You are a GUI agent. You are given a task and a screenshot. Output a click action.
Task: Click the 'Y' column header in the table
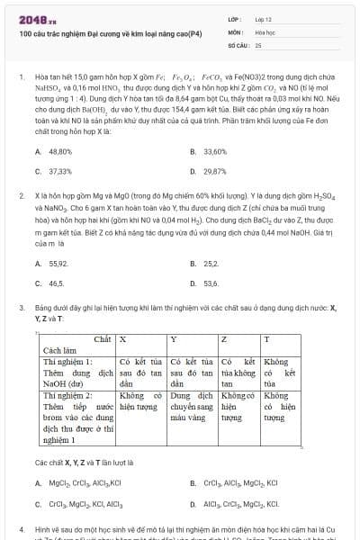pos(174,339)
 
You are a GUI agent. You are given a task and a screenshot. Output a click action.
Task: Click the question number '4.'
pos(22,526)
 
